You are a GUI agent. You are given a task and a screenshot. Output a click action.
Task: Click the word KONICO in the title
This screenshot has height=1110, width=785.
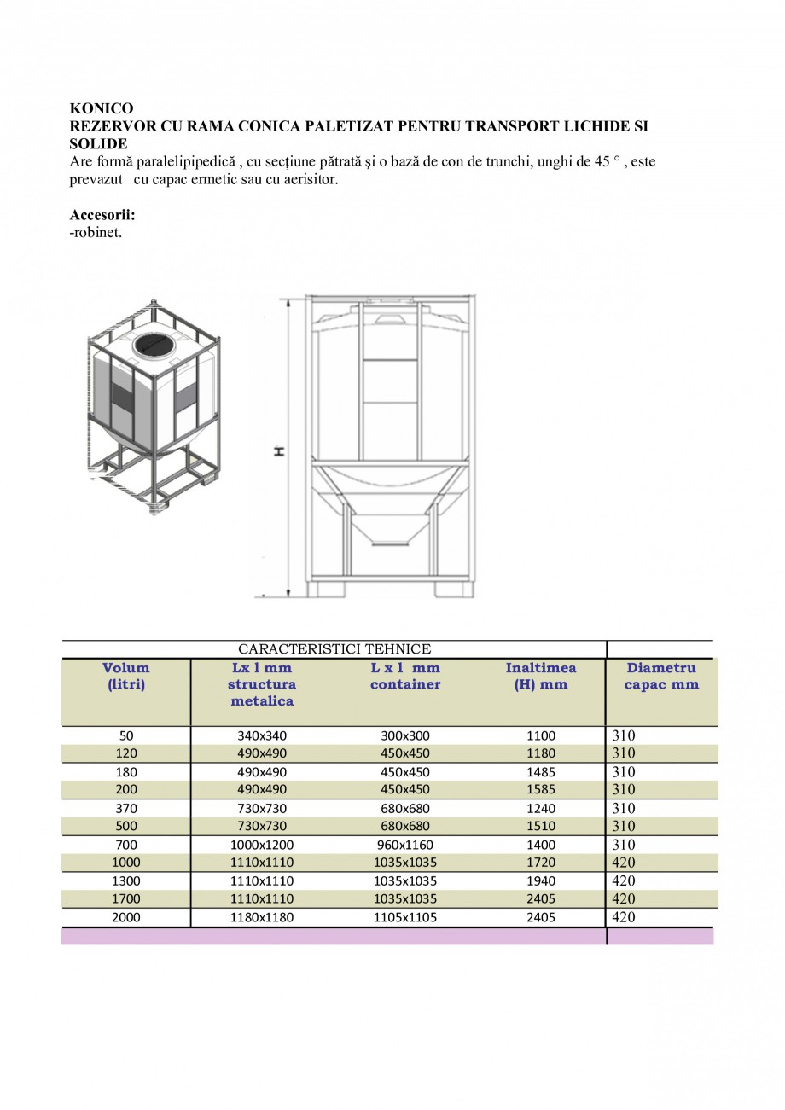(x=102, y=108)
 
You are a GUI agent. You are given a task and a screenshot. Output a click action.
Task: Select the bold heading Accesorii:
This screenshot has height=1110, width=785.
(x=102, y=215)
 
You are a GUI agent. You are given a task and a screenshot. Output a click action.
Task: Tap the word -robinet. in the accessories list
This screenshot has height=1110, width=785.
(x=96, y=232)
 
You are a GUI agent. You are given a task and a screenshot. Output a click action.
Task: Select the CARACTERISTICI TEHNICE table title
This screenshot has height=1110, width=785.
(x=334, y=649)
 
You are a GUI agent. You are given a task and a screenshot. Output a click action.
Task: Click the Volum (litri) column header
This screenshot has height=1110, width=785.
(x=126, y=676)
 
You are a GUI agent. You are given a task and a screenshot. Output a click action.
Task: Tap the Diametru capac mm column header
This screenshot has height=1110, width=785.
(x=661, y=676)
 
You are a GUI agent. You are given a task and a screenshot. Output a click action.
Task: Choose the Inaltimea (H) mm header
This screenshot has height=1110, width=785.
(x=541, y=676)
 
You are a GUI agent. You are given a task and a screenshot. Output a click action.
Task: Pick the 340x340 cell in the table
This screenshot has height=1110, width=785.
(x=262, y=735)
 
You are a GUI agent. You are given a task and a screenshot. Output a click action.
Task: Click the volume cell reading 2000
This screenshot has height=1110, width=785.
(x=126, y=917)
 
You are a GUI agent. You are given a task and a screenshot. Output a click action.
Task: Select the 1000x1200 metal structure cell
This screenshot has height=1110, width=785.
(x=262, y=845)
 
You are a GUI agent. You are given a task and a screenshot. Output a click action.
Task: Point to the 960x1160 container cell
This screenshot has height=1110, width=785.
(x=405, y=845)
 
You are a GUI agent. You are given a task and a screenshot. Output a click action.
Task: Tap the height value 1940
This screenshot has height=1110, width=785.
(x=541, y=880)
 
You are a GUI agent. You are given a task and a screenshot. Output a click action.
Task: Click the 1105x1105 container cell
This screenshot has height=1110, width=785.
(x=405, y=917)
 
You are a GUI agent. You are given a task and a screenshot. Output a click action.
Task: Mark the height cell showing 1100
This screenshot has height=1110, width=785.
(x=541, y=735)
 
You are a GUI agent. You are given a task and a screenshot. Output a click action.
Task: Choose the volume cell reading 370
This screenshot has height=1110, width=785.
(x=126, y=808)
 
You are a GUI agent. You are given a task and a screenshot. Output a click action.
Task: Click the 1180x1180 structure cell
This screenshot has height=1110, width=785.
(x=262, y=917)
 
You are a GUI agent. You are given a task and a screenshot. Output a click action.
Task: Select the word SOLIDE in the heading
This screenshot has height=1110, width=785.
(x=98, y=143)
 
